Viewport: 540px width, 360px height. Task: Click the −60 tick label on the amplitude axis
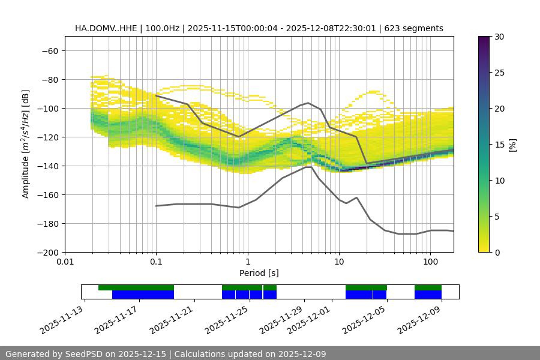pyautogui.click(x=50, y=50)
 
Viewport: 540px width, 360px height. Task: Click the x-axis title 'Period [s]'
pyautogui.click(x=259, y=273)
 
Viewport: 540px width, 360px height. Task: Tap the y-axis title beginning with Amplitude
pyautogui.click(x=26, y=144)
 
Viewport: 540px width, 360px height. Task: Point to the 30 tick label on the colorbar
pyautogui.click(x=499, y=37)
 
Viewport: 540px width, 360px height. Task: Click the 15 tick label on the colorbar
pyautogui.click(x=499, y=145)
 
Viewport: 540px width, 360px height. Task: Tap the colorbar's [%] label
pyautogui.click(x=512, y=145)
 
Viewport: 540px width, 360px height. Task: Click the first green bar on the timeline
pyautogui.click(x=136, y=287)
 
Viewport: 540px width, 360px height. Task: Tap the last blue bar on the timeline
pyautogui.click(x=428, y=295)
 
